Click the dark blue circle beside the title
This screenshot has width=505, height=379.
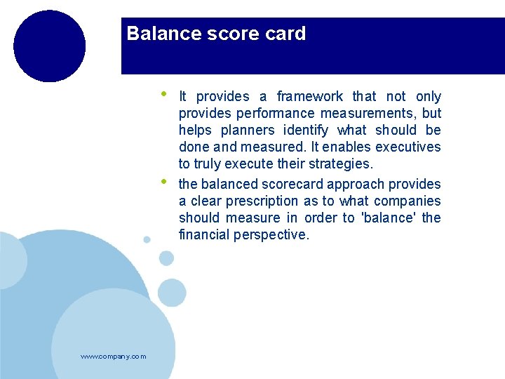coord(49,46)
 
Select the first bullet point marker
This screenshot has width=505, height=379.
coord(163,93)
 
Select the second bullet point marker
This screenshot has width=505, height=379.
coord(163,181)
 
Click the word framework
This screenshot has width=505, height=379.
coord(310,97)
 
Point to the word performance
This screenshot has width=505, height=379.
coord(276,114)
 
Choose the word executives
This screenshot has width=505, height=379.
coord(408,147)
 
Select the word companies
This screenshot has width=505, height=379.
coord(409,201)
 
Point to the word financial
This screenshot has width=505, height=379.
coord(204,235)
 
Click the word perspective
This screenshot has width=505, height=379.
coord(274,235)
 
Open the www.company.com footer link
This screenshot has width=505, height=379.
coord(114,357)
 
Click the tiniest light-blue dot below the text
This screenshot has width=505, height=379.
coord(147,239)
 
